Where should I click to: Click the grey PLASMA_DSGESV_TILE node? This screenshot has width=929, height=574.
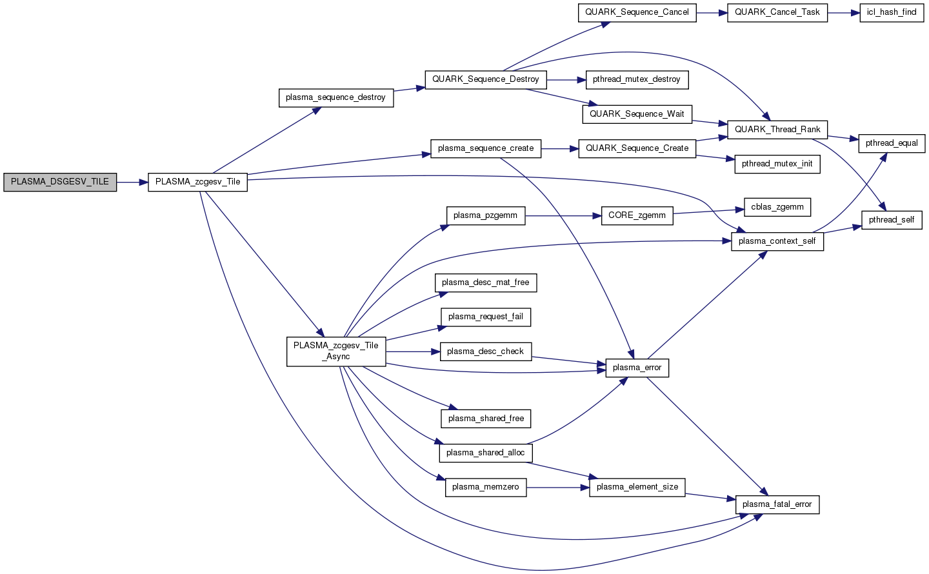[x=60, y=182]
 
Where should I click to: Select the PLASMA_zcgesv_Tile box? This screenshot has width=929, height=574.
[x=197, y=182]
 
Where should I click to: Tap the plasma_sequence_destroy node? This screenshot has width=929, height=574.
[x=335, y=97]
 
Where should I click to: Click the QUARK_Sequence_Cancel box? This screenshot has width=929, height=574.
[x=637, y=12]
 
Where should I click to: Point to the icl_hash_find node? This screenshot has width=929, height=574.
[x=892, y=12]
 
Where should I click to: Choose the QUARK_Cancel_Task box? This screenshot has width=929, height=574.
[x=777, y=12]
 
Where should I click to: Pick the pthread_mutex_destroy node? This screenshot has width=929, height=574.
[x=636, y=79]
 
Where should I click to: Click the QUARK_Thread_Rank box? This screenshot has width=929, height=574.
[x=777, y=130]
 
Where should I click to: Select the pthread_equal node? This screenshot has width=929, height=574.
[x=892, y=143]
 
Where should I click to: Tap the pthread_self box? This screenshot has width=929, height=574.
[x=892, y=220]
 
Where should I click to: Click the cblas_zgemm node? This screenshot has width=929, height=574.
[x=777, y=207]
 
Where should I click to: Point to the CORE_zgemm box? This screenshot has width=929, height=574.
[x=637, y=215]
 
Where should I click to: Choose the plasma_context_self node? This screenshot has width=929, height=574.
[x=777, y=241]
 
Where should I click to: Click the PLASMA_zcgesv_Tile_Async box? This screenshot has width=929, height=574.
[x=335, y=351]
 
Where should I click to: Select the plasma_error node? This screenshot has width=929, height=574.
[x=637, y=368]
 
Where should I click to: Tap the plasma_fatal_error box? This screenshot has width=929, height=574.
[x=777, y=504]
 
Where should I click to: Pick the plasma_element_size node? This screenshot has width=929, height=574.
[x=637, y=487]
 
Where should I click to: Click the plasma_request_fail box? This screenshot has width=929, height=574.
[x=486, y=317]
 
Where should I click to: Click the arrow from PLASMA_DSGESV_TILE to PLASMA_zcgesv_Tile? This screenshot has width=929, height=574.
[x=132, y=182]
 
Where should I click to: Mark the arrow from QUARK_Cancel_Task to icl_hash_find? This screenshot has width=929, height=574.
[x=843, y=12]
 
